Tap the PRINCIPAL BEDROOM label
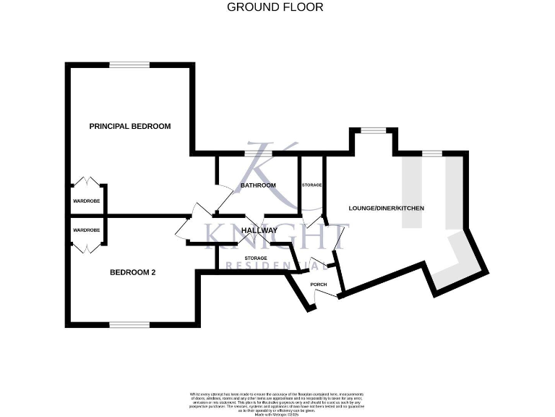coord(130,126)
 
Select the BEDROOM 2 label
coord(133,273)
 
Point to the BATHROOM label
coord(259,185)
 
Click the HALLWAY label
coord(259,230)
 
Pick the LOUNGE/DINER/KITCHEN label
coord(386,208)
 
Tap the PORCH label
coord(319,285)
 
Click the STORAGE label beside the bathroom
coord(312,185)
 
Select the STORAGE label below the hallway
coord(256,258)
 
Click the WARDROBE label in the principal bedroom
coord(86,201)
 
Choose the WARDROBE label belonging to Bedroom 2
coord(86,230)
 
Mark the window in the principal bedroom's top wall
coord(130,65)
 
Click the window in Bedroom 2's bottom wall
coord(130,324)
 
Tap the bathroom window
coord(258,153)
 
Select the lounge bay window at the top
coord(373,130)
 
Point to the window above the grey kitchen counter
coord(433,153)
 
